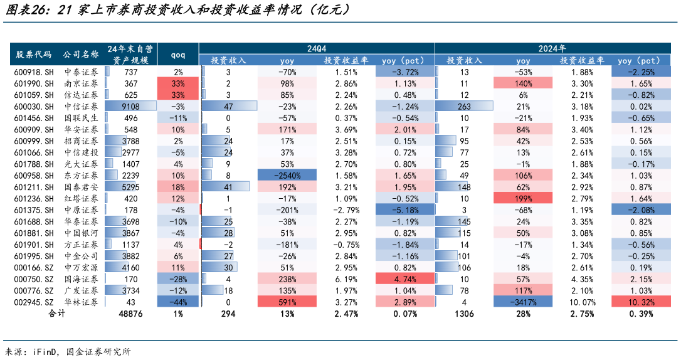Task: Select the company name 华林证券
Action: pyautogui.click(x=82, y=302)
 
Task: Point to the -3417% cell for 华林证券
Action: pyautogui.click(x=523, y=302)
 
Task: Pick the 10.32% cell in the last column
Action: pyautogui.click(x=639, y=302)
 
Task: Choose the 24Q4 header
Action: pyautogui.click(x=317, y=48)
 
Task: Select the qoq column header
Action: pyautogui.click(x=178, y=55)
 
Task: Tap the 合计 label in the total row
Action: pyautogui.click(x=57, y=314)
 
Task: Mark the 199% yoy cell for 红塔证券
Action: pyautogui.click(x=523, y=198)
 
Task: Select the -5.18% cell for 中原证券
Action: pyautogui.click(x=399, y=210)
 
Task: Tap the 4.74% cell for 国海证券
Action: pyautogui.click(x=399, y=278)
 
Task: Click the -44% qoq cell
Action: pyautogui.click(x=178, y=302)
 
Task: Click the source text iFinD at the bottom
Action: pyautogui.click(x=44, y=351)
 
